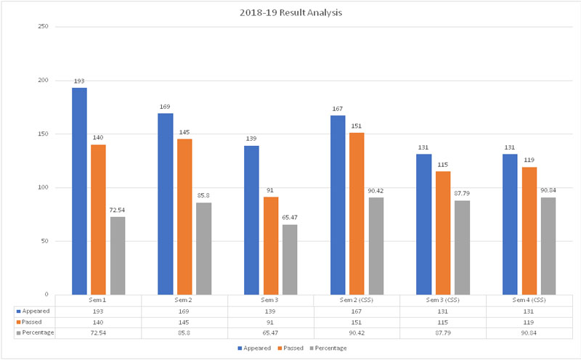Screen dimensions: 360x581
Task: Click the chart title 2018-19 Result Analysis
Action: click(290, 12)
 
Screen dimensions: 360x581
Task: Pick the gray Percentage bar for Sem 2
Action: click(203, 248)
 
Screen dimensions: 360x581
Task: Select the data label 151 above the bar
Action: click(356, 126)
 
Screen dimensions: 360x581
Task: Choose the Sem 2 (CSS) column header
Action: click(356, 300)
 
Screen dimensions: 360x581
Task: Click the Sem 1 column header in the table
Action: click(97, 300)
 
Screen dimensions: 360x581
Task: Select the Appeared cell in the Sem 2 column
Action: click(184, 310)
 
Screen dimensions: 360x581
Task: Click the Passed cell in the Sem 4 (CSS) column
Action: click(528, 320)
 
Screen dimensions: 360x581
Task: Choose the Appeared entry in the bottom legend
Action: click(255, 348)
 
